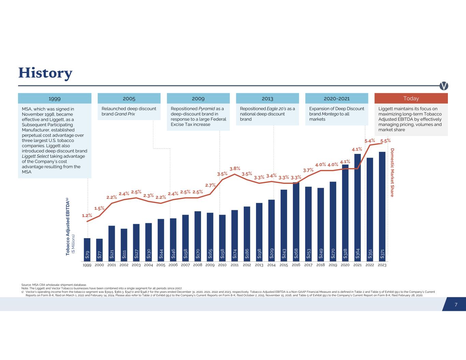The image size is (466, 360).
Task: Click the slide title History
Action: tap(45, 73)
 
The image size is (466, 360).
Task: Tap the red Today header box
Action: tap(411, 98)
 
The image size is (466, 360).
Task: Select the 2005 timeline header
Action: tap(129, 98)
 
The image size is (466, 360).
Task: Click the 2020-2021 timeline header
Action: tap(336, 98)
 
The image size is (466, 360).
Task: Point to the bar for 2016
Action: tap(296, 222)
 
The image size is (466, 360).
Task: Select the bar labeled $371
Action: tap(382, 206)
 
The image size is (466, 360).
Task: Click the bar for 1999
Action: tap(87, 249)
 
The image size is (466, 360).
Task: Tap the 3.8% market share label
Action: tap(235, 169)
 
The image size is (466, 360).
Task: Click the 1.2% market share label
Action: tap(87, 215)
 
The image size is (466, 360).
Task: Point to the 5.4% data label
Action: tap(369, 140)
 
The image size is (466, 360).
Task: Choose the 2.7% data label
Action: tap(210, 185)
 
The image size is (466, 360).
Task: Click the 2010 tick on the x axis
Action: tap(222, 265)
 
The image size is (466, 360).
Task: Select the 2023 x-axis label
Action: tap(382, 265)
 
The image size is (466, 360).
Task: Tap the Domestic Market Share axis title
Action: tap(392, 172)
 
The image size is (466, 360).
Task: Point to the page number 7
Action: tap(456, 304)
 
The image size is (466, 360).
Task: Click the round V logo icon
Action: tap(444, 86)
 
